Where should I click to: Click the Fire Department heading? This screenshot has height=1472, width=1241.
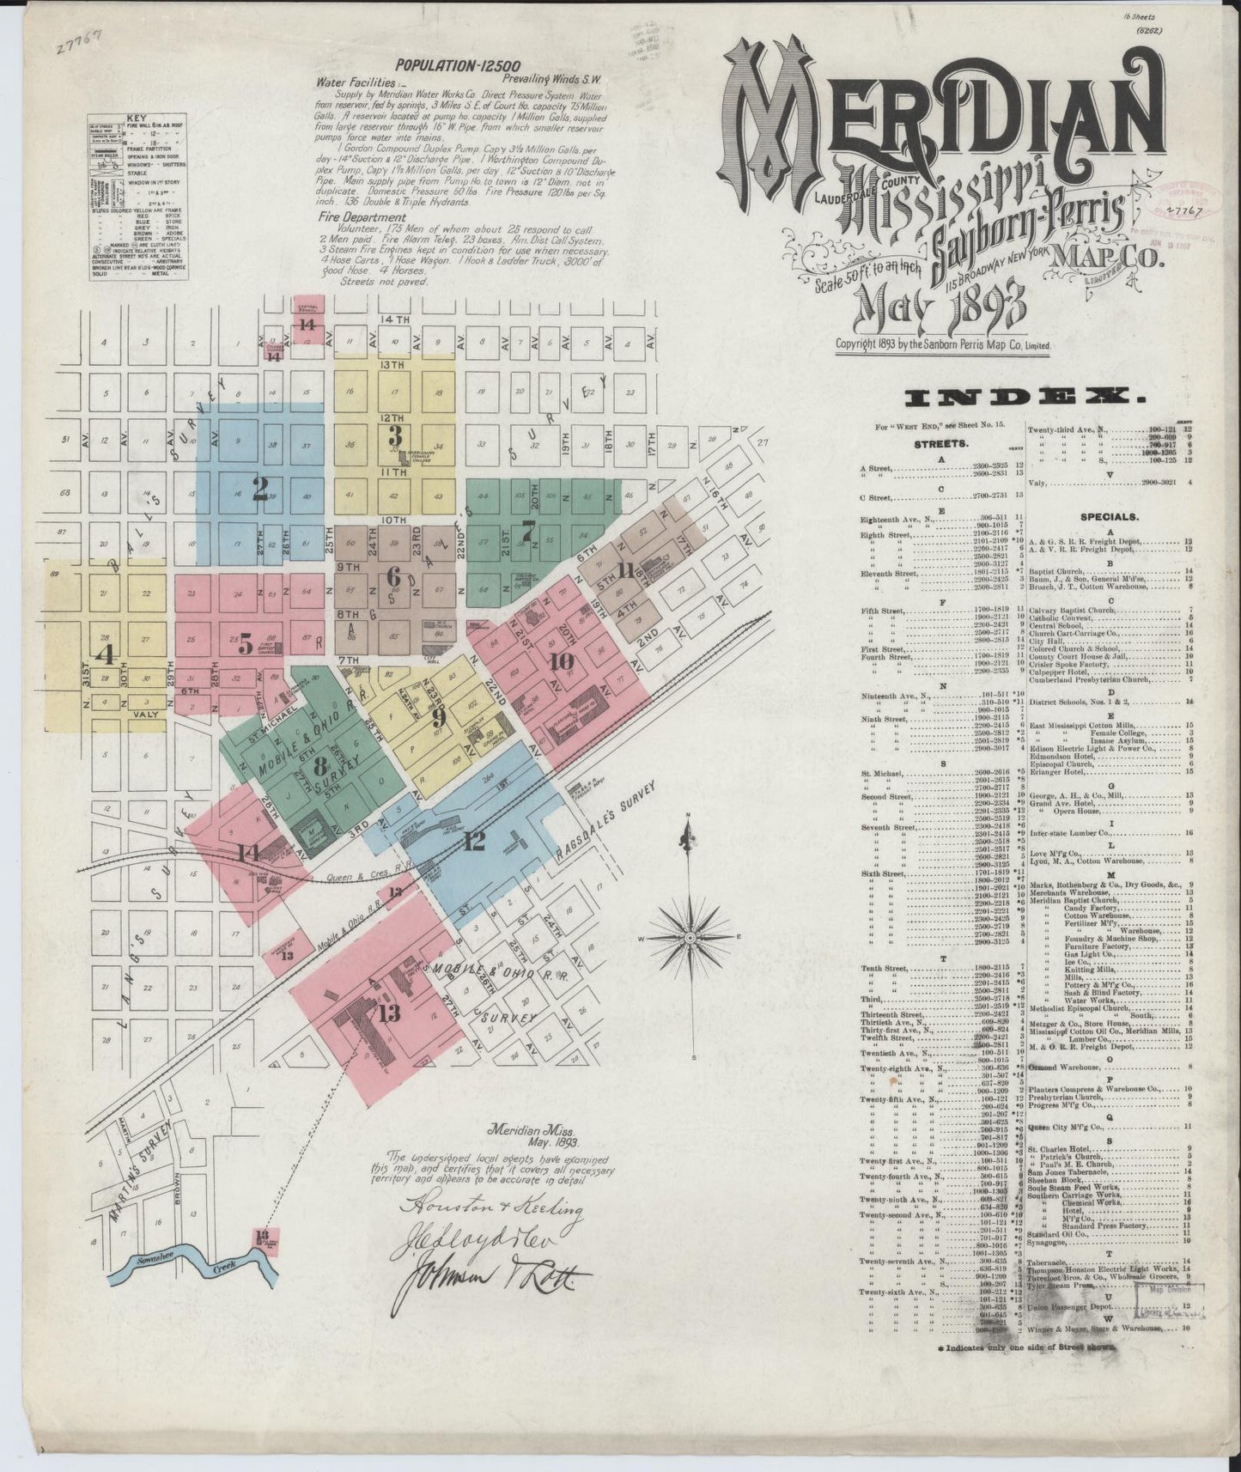tap(361, 218)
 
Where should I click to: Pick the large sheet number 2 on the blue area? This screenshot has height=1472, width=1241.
tap(260, 490)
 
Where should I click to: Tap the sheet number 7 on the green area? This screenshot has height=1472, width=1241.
tap(528, 529)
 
